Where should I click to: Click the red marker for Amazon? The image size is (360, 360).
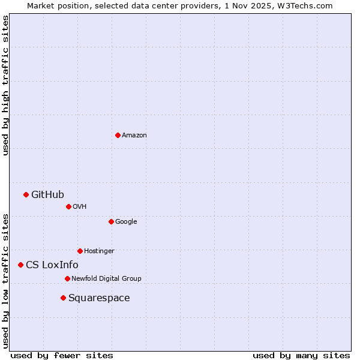coord(118,135)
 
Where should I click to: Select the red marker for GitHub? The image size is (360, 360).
coord(26,194)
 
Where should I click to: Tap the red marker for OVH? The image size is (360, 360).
coord(68,206)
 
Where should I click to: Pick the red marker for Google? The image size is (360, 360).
coord(111,221)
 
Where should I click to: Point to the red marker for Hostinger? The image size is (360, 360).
coord(80,251)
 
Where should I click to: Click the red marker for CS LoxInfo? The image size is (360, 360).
coord(20,265)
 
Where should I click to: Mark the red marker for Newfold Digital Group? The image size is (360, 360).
coord(67,278)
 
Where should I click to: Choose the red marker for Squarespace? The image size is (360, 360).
coord(63,298)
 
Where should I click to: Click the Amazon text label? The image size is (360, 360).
coord(134,136)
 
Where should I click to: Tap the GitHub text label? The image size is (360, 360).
coord(47,194)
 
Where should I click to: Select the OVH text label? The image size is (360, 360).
coord(80,207)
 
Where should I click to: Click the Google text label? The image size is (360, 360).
coord(126,222)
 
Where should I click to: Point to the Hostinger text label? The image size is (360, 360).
coord(99,251)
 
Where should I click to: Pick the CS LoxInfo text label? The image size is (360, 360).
coord(52,265)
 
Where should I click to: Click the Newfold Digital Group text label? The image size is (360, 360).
coord(106,278)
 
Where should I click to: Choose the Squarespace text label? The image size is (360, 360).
coord(99,298)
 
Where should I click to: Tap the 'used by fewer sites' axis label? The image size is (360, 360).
coord(62,355)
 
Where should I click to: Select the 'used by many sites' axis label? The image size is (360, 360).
coord(301,355)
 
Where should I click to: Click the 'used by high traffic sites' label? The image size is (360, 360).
coord(5,85)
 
